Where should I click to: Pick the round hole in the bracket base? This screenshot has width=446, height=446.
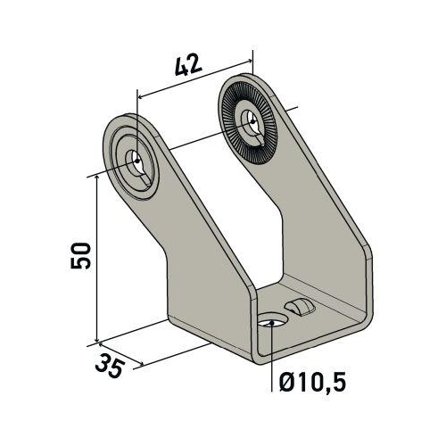click(x=270, y=320)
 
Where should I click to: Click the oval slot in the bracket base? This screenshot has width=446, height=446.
click(x=301, y=308)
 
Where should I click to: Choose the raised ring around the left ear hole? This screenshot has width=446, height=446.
click(x=125, y=147)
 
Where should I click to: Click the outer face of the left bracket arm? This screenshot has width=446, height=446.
click(x=192, y=259)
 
